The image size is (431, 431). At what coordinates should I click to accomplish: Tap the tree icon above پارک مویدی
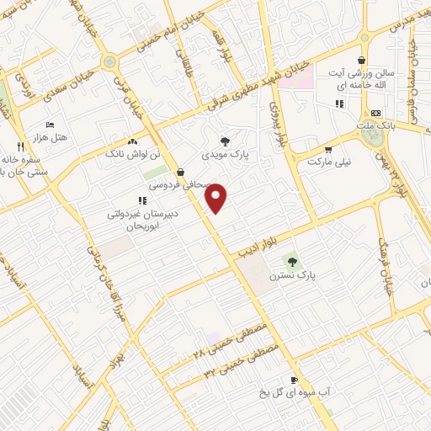(224, 141)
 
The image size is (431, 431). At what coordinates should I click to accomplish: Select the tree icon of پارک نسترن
(292, 261)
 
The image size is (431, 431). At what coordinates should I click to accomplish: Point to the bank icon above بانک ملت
(375, 113)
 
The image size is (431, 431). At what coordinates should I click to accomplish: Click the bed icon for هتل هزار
(49, 124)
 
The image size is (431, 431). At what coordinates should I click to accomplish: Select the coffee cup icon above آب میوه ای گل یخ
(294, 380)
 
